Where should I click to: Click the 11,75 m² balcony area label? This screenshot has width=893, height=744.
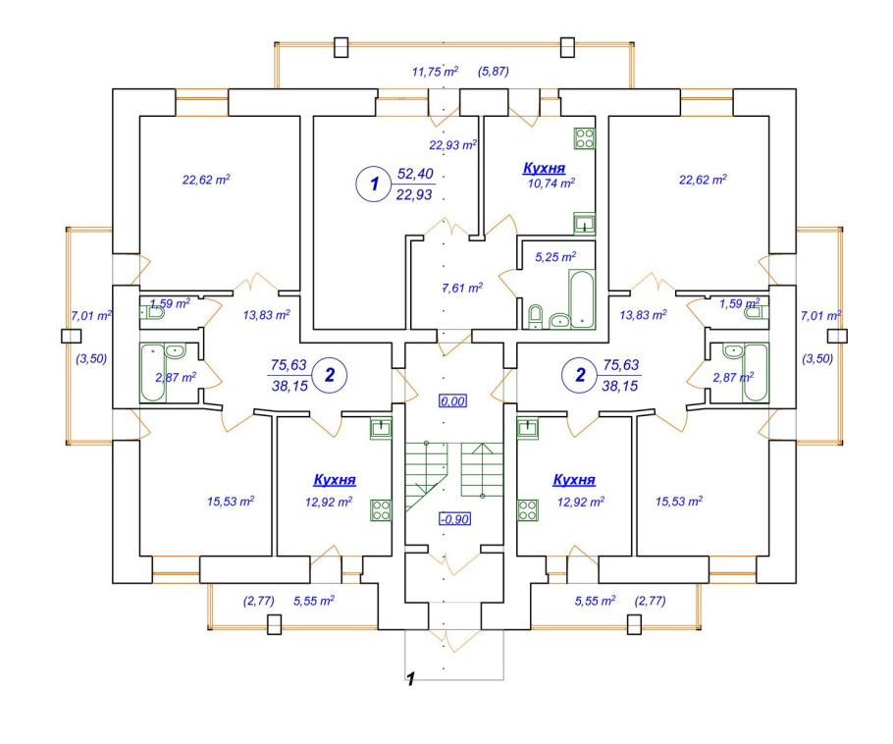coord(436,71)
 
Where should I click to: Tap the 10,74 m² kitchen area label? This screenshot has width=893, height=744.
coord(549,183)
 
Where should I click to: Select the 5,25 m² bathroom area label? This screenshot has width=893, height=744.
coord(554,257)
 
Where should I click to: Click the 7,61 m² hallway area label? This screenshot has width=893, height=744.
coord(462,288)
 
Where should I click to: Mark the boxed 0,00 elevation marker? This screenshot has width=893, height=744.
coord(452,400)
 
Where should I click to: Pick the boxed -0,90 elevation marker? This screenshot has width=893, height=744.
coord(452,519)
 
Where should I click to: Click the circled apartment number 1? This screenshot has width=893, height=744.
coord(370,183)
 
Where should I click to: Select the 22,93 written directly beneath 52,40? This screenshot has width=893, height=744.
coord(415,194)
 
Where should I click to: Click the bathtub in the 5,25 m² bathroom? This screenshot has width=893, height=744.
coord(581,299)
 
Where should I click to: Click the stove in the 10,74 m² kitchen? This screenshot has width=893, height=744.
coord(585,136)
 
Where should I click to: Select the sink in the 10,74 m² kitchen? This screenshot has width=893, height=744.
coord(584,223)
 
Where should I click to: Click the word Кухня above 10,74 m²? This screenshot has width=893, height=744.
coord(544,168)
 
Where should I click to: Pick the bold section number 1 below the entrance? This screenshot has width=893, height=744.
coord(412,678)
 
